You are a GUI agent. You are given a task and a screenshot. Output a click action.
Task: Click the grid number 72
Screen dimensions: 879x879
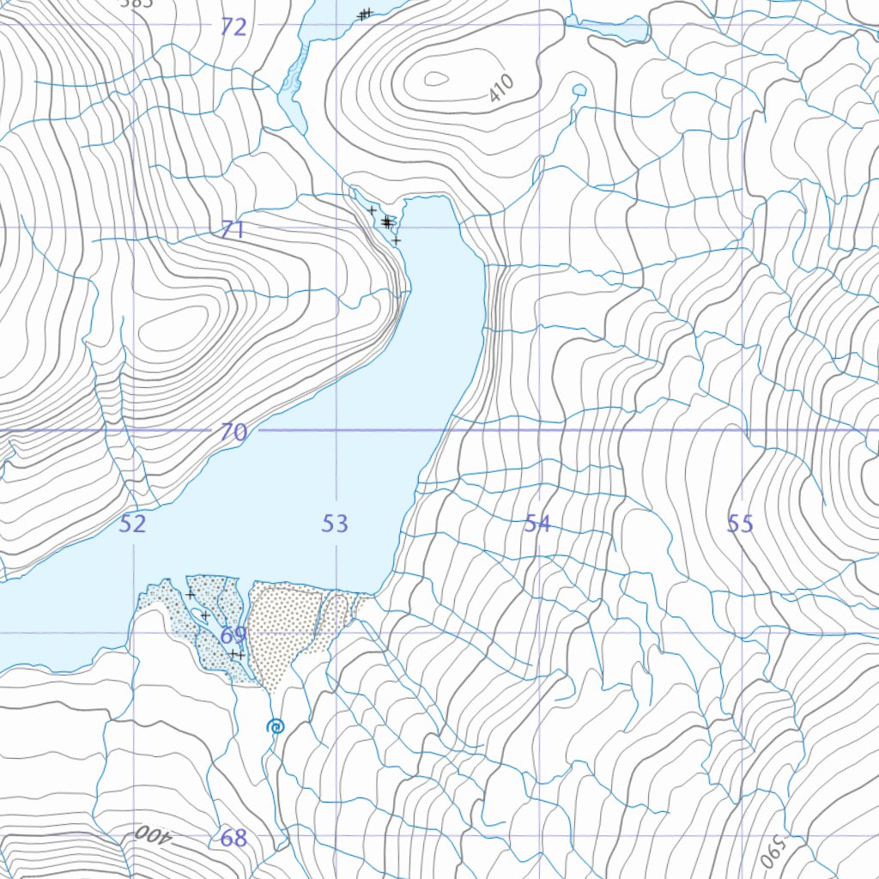pos(233,27)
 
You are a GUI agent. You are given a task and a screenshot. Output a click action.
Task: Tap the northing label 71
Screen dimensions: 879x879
pos(233,230)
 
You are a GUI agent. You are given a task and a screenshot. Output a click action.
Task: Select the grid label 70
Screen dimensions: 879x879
pos(233,432)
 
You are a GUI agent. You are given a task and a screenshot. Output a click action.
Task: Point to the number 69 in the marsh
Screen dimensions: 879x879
pos(233,635)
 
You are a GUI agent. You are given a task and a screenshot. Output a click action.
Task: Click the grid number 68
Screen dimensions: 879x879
pos(233,838)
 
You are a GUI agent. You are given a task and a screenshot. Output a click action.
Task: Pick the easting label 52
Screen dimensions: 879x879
pos(132,524)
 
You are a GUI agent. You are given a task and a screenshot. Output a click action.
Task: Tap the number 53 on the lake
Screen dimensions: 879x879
pos(335,524)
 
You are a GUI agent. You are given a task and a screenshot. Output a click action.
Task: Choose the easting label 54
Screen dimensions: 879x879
pos(537,524)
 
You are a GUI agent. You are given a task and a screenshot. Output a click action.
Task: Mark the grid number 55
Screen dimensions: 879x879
pos(740,524)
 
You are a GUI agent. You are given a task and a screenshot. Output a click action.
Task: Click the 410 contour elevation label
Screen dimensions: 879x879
pos(500,88)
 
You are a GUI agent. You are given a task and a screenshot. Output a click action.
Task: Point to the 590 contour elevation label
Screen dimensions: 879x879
pos(773,850)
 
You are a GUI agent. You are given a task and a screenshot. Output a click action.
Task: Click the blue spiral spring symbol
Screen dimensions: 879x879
pos(276,727)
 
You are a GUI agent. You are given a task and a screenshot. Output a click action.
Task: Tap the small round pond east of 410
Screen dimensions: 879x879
pos(579,90)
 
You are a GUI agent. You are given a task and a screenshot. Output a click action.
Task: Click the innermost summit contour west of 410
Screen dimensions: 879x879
pos(436,79)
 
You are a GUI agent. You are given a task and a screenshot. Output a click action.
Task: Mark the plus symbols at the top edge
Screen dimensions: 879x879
pos(365,14)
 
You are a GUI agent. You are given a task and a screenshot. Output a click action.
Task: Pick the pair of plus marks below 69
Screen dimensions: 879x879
pos(236,655)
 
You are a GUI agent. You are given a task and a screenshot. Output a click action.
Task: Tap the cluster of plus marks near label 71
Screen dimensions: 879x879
pos(386,222)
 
